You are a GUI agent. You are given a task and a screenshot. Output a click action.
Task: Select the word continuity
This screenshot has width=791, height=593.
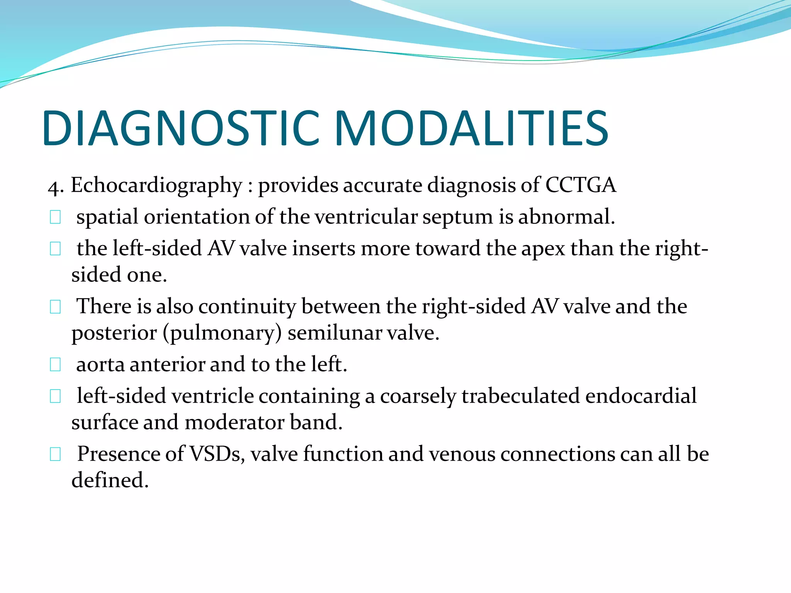click(247, 307)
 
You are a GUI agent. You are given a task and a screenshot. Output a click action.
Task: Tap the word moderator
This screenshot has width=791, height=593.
click(234, 423)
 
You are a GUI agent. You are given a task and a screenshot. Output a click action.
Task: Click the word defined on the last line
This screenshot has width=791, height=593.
click(110, 481)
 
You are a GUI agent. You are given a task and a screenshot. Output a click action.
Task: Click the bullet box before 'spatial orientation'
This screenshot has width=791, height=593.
click(55, 217)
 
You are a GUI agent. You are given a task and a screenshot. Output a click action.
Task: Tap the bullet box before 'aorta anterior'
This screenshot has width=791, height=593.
click(55, 365)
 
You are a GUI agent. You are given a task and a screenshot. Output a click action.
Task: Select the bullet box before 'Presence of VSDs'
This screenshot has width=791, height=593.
click(55, 454)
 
